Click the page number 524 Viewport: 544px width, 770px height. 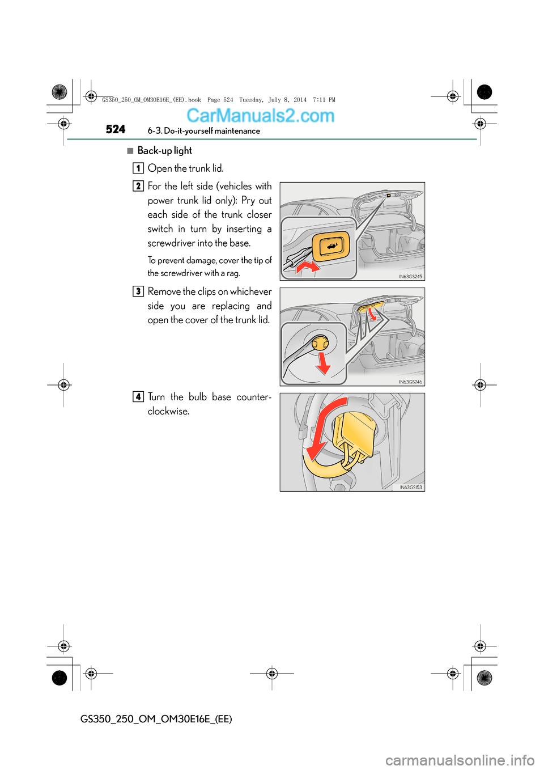click(x=116, y=129)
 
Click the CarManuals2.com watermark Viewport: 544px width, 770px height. click(x=260, y=116)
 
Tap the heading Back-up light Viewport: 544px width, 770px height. click(x=164, y=150)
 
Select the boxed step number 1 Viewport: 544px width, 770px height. click(x=138, y=168)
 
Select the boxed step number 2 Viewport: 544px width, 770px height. click(x=138, y=186)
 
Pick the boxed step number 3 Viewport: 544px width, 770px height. click(x=138, y=291)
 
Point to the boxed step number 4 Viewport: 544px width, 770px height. click(x=138, y=397)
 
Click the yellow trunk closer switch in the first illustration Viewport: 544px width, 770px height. click(x=331, y=246)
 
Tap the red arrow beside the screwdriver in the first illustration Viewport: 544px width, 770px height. click(x=308, y=266)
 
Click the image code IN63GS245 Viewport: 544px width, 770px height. click(x=410, y=277)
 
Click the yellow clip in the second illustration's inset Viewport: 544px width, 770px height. click(x=320, y=343)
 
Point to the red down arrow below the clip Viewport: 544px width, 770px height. click(x=323, y=363)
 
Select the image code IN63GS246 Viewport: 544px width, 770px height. click(x=410, y=382)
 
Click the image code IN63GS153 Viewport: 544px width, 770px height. click(x=411, y=487)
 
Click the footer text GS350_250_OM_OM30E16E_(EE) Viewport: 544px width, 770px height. click(x=156, y=719)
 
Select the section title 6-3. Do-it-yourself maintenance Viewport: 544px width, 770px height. click(x=204, y=131)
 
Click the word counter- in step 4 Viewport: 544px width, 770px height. click(x=254, y=397)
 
